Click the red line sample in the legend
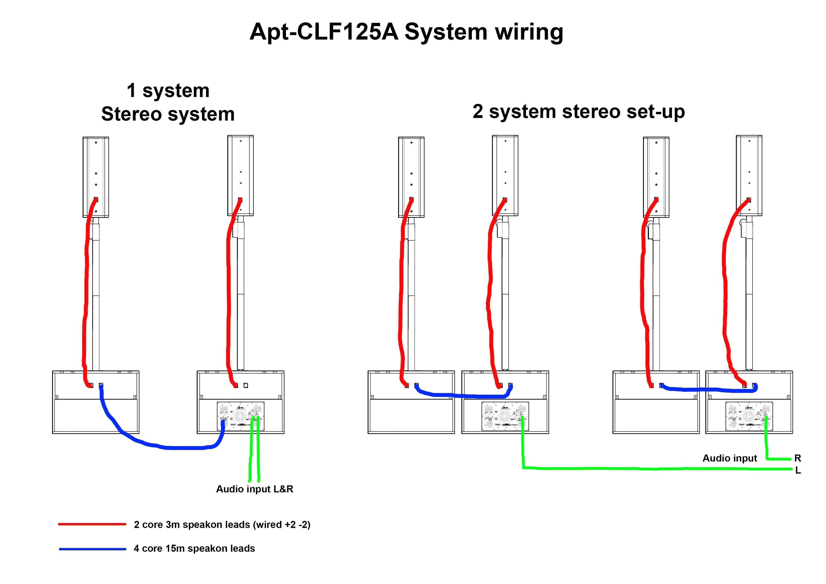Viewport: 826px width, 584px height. tap(92, 524)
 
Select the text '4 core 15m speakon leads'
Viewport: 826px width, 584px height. tap(194, 548)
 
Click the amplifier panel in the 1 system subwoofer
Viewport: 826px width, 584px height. tap(240, 416)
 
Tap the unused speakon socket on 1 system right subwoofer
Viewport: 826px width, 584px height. tap(246, 385)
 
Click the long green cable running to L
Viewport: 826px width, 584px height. tap(648, 469)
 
